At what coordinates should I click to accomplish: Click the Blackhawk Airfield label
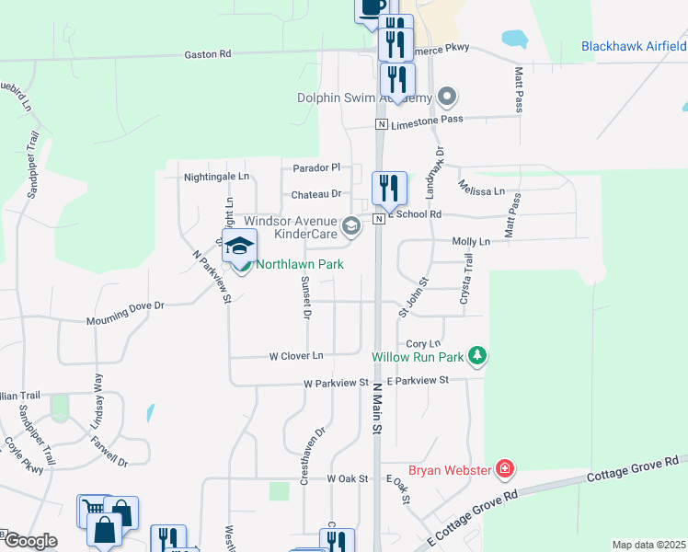[634, 46]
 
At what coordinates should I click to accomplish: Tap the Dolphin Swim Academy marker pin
[447, 96]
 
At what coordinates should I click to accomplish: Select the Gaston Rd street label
[208, 54]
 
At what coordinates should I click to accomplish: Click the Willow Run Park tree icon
[476, 355]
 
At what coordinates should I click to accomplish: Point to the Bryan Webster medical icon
[503, 470]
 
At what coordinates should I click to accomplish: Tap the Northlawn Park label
[300, 264]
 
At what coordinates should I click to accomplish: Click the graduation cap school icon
[239, 246]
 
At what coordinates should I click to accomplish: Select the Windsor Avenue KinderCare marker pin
[350, 224]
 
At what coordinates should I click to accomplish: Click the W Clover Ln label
[296, 355]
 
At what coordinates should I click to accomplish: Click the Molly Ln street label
[471, 241]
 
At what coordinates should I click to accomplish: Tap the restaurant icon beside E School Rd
[389, 189]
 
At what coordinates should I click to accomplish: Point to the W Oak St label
[347, 479]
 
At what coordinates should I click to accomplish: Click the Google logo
[30, 541]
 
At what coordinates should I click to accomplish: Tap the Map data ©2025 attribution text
[648, 545]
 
